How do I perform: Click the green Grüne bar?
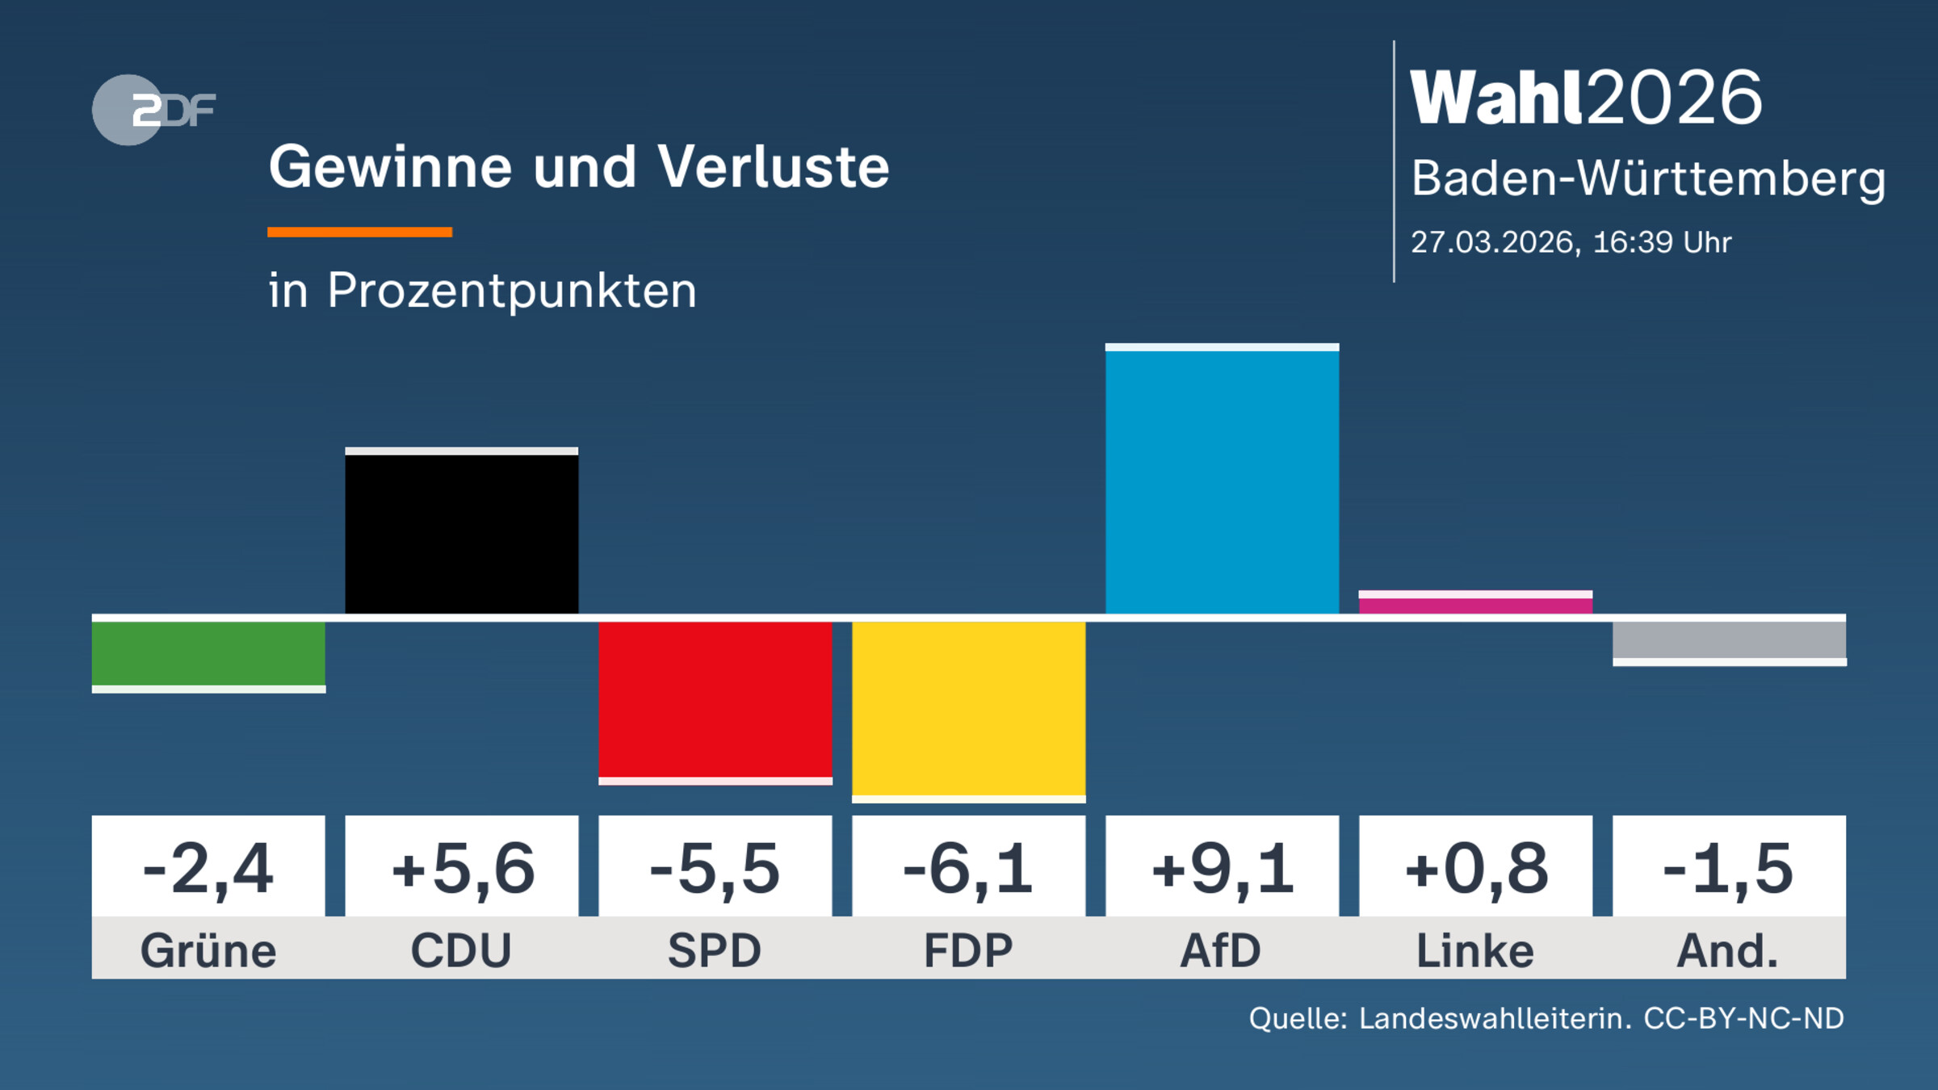point(208,654)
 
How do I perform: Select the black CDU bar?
point(461,533)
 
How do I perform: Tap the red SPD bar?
point(715,699)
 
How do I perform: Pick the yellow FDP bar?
point(968,709)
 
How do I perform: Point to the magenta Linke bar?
point(1475,605)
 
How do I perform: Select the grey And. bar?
point(1729,640)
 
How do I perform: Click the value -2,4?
point(208,869)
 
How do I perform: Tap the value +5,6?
point(462,869)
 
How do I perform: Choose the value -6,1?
point(968,869)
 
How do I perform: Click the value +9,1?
point(1222,869)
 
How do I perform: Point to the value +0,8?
point(1475,869)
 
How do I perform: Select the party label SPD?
point(715,950)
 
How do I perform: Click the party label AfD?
point(1221,950)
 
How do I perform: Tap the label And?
point(1728,950)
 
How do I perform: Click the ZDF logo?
point(153,110)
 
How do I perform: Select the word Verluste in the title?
point(773,167)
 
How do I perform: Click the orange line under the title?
point(359,233)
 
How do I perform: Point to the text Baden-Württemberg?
point(1648,178)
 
